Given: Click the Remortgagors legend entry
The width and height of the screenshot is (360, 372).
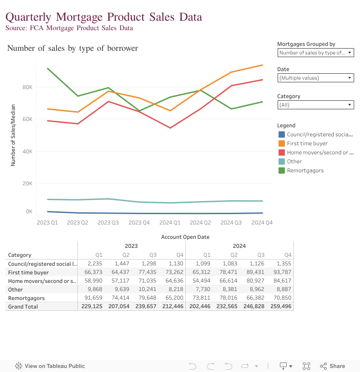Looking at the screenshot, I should coord(305,170).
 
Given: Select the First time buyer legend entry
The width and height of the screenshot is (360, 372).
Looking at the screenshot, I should coord(307,143).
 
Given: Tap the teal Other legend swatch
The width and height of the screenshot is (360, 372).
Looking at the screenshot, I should coord(282,161).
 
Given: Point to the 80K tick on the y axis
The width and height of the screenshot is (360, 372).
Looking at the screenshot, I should coord(27,87).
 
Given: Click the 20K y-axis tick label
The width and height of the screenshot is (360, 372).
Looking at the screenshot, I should coord(27,184).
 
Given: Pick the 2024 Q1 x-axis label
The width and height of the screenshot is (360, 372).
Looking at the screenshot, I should coord(170,222).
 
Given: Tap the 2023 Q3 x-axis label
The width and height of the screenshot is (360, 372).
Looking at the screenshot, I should coord(108,222).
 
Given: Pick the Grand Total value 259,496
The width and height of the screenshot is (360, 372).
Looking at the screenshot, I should coord(281,307).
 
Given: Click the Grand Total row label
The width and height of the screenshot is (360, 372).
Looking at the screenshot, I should coord(23,307).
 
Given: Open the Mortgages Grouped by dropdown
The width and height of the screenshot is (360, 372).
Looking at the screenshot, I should coord(316,53).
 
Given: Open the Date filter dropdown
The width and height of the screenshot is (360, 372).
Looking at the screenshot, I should coord(316,78).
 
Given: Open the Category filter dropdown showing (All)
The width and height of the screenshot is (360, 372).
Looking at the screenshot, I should coord(316,105).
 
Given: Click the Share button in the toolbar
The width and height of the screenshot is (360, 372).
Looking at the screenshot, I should coord(333,366).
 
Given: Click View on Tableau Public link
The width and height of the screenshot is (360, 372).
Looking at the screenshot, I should coord(50,366).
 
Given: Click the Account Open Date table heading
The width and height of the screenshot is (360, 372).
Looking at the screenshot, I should coord(185,237).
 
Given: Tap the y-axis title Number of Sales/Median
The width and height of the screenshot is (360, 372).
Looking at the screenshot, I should coord(13,135).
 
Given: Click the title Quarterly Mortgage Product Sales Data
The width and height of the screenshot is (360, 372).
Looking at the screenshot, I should coord(103,17).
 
